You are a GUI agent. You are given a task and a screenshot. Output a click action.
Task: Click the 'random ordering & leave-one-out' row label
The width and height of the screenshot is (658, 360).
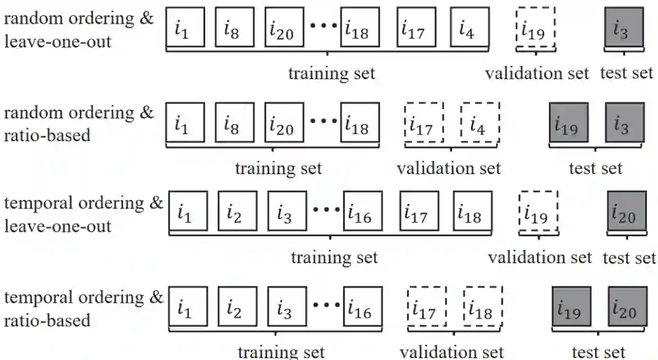point(79,29)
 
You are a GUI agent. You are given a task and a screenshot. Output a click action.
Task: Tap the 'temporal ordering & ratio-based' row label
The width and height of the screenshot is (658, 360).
point(84,309)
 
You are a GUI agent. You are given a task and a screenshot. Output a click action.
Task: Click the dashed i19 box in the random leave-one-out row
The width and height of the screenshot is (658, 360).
point(535,27)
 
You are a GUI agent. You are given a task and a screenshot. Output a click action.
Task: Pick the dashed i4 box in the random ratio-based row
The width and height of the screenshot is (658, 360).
point(479,122)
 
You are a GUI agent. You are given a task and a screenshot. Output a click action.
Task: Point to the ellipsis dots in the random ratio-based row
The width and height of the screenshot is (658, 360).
point(324,121)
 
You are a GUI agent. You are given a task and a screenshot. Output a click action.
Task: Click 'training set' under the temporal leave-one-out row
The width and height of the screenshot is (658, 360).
point(334,257)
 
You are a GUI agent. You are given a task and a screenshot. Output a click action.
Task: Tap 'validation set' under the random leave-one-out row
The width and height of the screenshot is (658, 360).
point(537,74)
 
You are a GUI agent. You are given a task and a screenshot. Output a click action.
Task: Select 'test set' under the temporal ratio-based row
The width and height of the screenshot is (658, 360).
point(598,352)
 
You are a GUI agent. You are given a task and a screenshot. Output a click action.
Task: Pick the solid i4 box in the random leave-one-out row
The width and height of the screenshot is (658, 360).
point(470,27)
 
